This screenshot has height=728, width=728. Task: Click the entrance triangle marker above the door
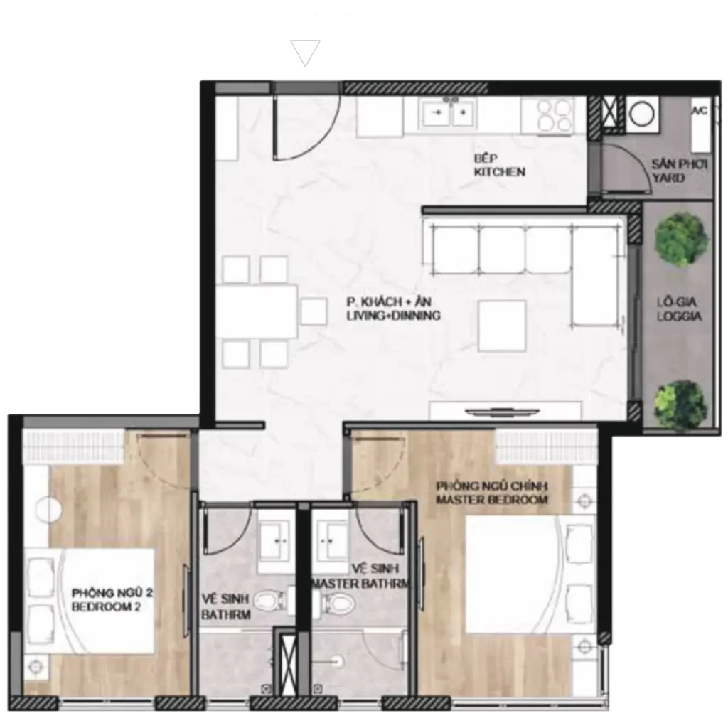[305, 53]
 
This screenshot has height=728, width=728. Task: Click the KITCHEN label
[500, 172]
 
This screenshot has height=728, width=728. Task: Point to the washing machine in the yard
[642, 113]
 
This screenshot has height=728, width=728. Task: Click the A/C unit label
[700, 112]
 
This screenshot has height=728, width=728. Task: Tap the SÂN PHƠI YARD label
[679, 171]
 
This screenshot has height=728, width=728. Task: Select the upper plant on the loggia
[680, 240]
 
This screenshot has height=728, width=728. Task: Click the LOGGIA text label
[679, 316]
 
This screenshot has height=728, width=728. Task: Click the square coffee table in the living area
[502, 326]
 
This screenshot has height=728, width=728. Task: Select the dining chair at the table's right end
[314, 311]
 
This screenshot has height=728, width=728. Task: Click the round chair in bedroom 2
[49, 510]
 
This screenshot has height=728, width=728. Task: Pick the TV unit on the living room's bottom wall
[505, 411]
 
